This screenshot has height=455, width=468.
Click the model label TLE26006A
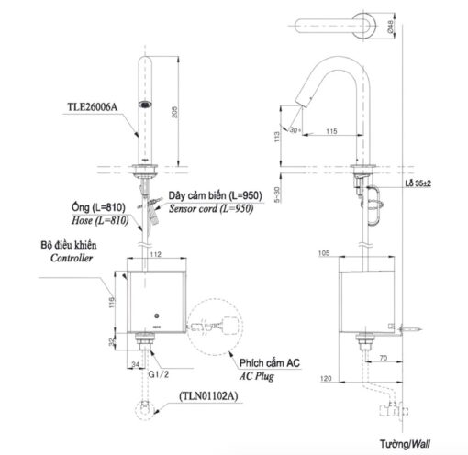point(93,107)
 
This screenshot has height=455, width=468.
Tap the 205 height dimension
point(174,112)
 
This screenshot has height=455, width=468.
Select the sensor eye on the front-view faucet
point(145,105)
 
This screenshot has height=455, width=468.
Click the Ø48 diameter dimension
point(390,27)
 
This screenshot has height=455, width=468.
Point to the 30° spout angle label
point(295,130)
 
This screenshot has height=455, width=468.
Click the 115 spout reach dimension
point(331,131)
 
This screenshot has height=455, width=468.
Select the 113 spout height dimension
point(277,137)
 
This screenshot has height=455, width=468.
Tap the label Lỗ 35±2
point(418,183)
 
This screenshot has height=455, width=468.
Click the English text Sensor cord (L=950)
point(211,208)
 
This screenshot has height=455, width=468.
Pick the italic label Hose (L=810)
point(100,220)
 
